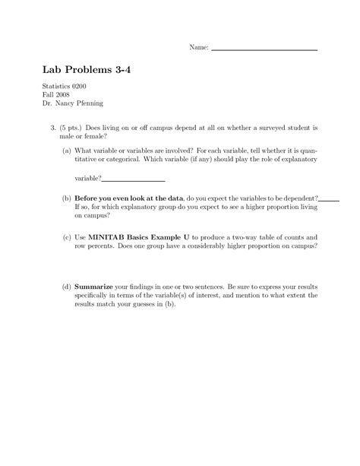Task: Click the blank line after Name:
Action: (264, 49)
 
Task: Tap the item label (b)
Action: (68, 196)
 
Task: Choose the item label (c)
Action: (68, 238)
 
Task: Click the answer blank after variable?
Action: (133, 180)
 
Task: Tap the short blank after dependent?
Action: (329, 197)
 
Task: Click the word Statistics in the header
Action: (59, 91)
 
